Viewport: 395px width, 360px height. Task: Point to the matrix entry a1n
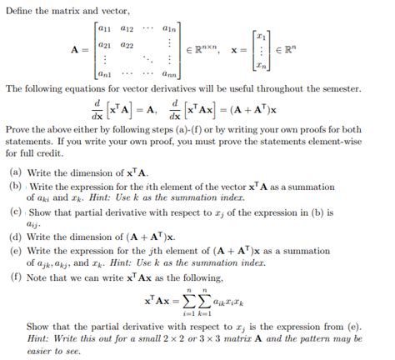(167, 28)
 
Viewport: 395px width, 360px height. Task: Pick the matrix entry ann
(167, 75)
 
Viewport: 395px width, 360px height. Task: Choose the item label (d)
(16, 237)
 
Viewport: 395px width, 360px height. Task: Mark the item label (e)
(16, 249)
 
